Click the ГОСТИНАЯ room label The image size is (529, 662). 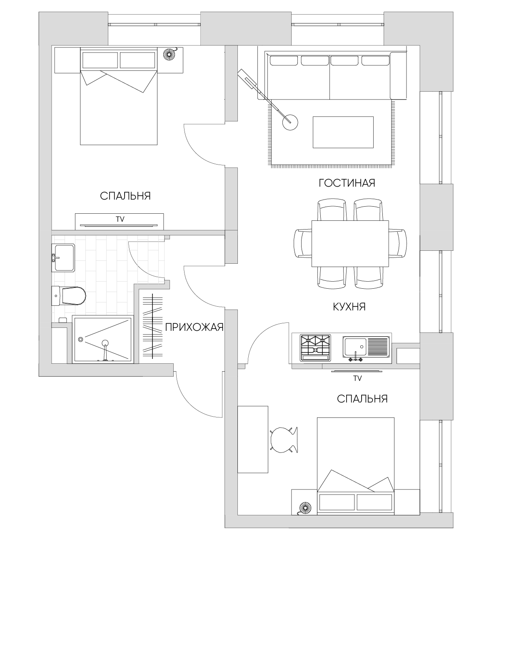point(347,183)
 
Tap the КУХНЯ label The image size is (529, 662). point(349,307)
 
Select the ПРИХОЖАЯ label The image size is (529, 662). point(194,327)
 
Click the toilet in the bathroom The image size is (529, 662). point(69,296)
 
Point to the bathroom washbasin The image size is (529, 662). point(63,258)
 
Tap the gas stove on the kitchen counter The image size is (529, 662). point(316,347)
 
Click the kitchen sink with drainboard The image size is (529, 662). point(366,348)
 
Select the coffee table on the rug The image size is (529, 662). point(343,132)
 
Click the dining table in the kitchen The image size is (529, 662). point(350,243)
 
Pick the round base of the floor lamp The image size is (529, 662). point(290,122)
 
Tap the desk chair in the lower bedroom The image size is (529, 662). point(284,440)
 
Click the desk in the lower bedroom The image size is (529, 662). point(252,439)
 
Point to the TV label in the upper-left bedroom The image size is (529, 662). point(120,219)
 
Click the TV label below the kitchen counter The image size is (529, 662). point(357,378)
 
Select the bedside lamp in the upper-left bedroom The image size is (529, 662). point(169,54)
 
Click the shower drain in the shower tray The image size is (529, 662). point(80,339)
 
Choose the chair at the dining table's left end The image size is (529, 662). point(303,243)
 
